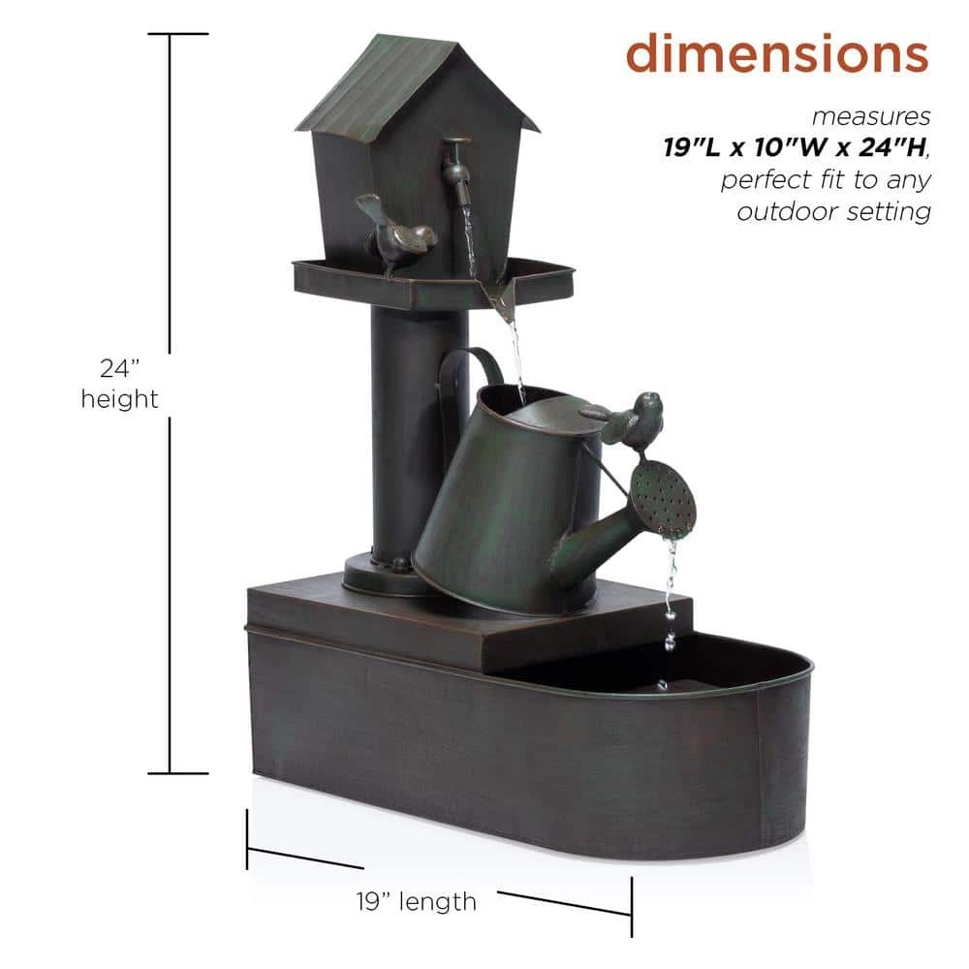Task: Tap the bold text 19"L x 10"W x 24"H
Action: point(796,147)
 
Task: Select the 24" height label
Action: point(120,384)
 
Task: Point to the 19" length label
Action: point(417,901)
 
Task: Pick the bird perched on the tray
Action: point(394,233)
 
